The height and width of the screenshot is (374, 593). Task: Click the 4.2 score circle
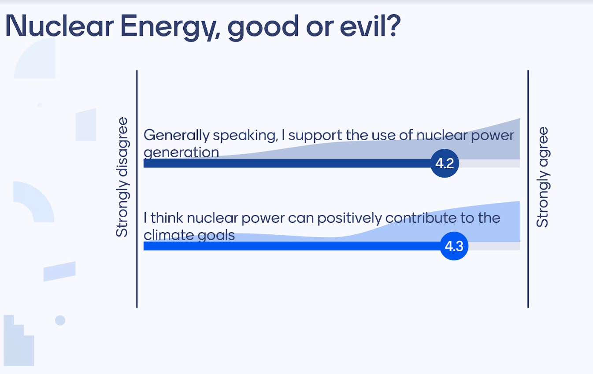click(x=445, y=163)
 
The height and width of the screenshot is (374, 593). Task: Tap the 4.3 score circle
click(x=454, y=246)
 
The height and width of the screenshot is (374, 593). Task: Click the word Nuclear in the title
click(x=59, y=26)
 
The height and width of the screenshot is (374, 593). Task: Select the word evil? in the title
click(x=370, y=26)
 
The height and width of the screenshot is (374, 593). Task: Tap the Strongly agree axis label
click(x=542, y=177)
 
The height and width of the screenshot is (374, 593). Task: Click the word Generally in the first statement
click(x=177, y=136)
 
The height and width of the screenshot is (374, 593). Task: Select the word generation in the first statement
click(x=182, y=152)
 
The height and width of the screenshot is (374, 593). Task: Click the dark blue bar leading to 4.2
click(x=287, y=163)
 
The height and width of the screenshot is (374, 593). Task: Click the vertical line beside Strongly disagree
click(x=137, y=189)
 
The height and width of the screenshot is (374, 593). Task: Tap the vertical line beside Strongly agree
click(x=528, y=189)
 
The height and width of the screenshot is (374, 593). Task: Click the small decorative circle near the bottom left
click(x=60, y=320)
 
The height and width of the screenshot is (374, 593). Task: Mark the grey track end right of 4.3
click(x=520, y=246)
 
